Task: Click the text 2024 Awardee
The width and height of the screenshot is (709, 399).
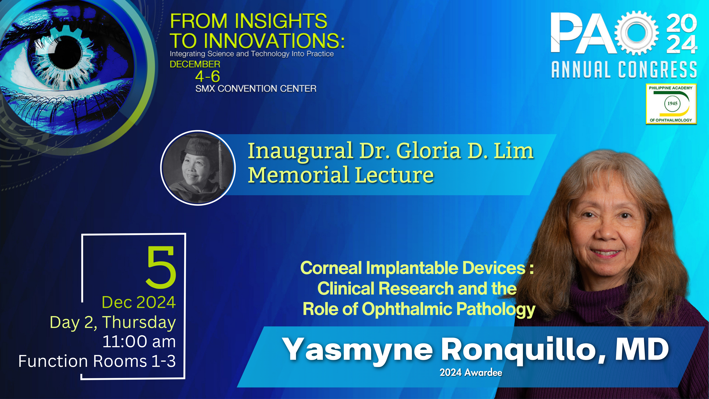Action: tap(471, 373)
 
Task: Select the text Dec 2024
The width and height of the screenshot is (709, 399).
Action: tap(139, 302)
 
